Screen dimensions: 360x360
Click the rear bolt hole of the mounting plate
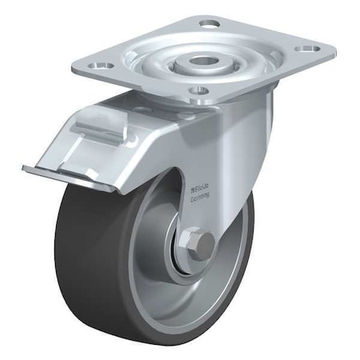[x=209, y=24]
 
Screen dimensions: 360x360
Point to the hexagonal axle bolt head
[x=202, y=244]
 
